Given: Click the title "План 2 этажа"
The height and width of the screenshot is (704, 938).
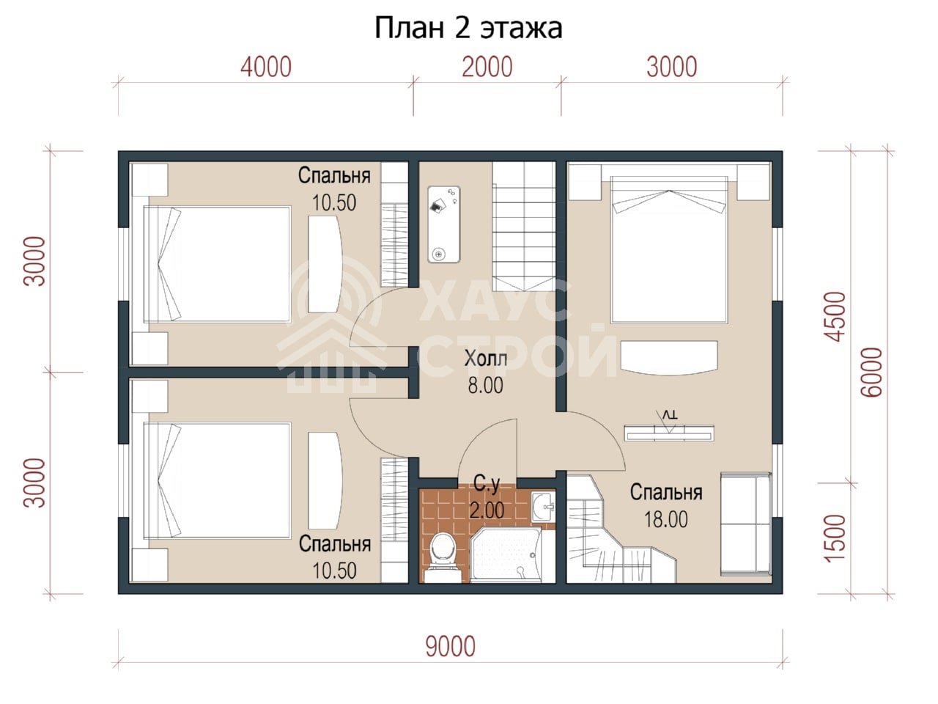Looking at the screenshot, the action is (x=468, y=28).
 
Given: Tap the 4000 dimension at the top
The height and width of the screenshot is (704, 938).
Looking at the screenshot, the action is (x=266, y=67).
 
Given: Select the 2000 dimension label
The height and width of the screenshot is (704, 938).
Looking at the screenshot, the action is (x=487, y=67).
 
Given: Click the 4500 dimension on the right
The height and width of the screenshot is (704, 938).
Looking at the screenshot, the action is (x=835, y=317).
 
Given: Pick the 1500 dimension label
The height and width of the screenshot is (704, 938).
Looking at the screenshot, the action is (x=835, y=538).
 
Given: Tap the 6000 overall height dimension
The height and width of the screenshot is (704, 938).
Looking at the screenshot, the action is (x=872, y=373).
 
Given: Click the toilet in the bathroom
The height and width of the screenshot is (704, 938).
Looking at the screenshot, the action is (x=443, y=556).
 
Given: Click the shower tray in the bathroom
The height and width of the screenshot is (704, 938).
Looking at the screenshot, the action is (x=506, y=555).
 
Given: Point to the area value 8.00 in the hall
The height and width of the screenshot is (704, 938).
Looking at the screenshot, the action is (x=485, y=386).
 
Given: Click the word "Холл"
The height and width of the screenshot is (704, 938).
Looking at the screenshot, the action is (x=486, y=358).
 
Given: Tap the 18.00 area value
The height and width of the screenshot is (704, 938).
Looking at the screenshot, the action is (x=666, y=520).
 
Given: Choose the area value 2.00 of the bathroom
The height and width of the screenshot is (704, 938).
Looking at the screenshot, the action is (x=487, y=510).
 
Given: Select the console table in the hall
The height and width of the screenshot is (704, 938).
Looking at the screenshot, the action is (x=444, y=224).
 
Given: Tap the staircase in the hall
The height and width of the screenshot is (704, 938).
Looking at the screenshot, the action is (x=524, y=226).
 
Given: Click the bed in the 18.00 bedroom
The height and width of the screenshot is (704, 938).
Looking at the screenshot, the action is (x=669, y=249).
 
